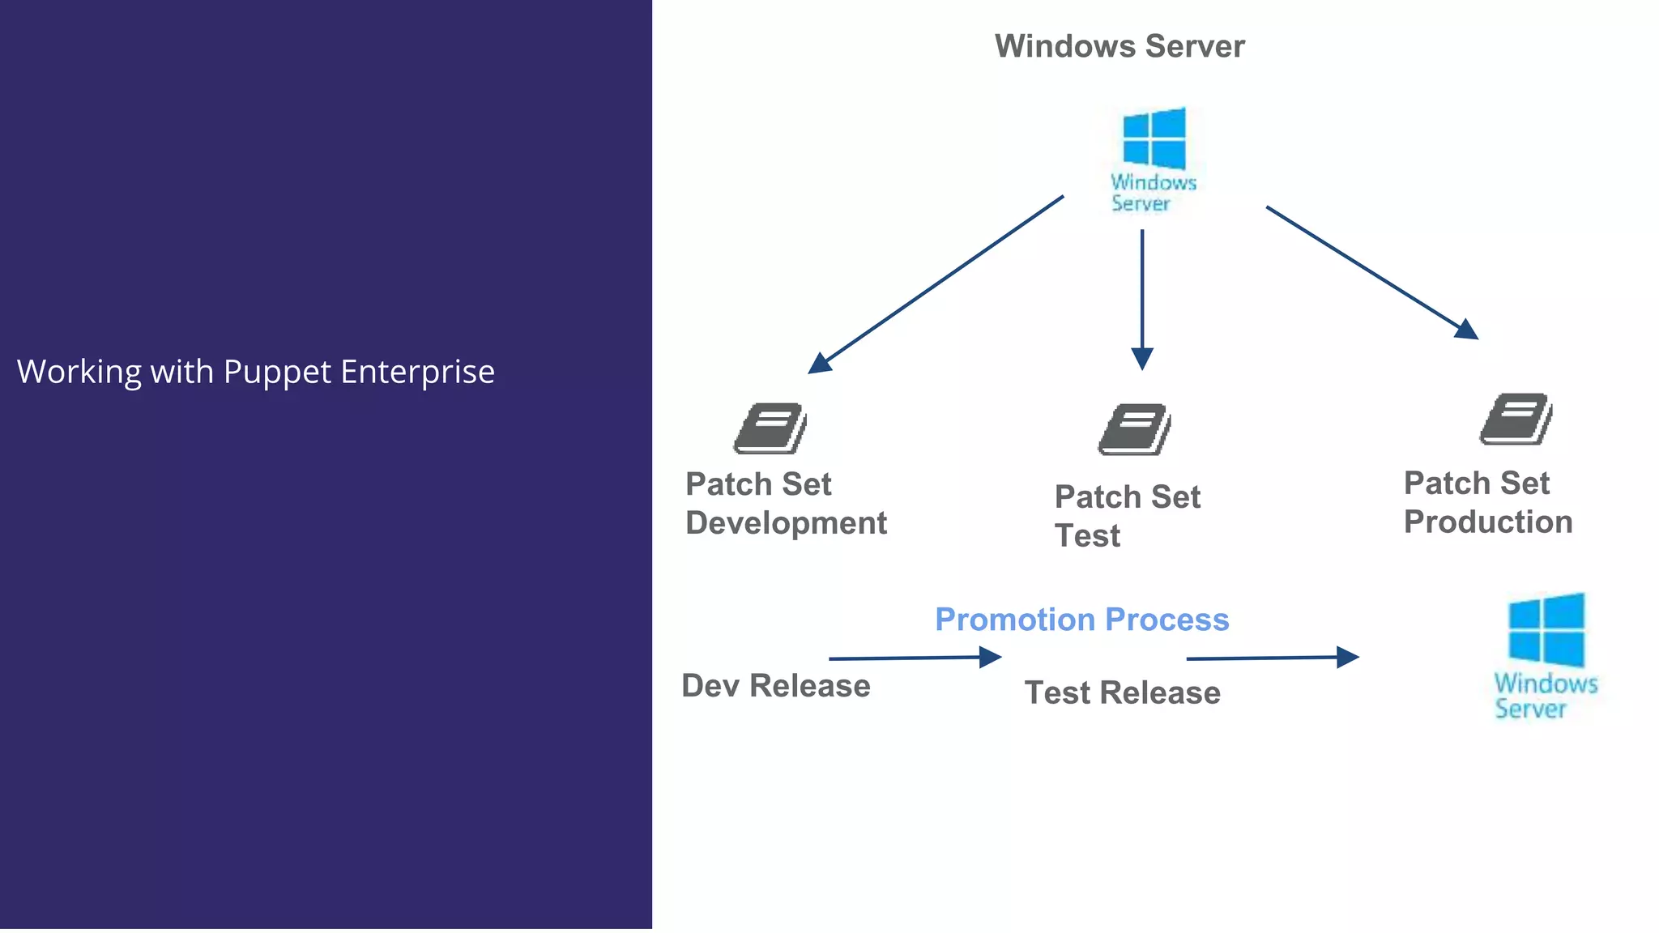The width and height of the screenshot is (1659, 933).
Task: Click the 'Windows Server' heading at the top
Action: click(x=1120, y=46)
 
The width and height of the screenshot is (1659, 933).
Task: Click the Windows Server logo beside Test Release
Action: click(x=1546, y=656)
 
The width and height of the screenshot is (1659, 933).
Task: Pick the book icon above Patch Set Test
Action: click(x=1135, y=429)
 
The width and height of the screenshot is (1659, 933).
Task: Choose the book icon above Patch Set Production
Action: click(x=1516, y=419)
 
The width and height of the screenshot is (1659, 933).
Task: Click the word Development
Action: click(x=786, y=523)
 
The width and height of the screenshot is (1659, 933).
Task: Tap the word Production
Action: click(x=1488, y=522)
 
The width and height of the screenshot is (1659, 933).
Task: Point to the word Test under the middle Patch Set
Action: click(x=1087, y=536)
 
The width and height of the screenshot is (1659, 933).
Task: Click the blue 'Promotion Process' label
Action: click(x=1081, y=620)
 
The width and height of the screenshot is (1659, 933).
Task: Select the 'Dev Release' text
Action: click(x=775, y=686)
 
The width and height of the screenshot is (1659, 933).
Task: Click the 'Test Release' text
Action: click(x=1122, y=693)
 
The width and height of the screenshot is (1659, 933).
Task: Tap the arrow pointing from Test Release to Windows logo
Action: click(x=1272, y=658)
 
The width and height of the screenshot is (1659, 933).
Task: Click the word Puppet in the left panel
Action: click(x=277, y=373)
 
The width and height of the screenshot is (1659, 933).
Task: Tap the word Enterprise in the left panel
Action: click(x=417, y=373)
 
